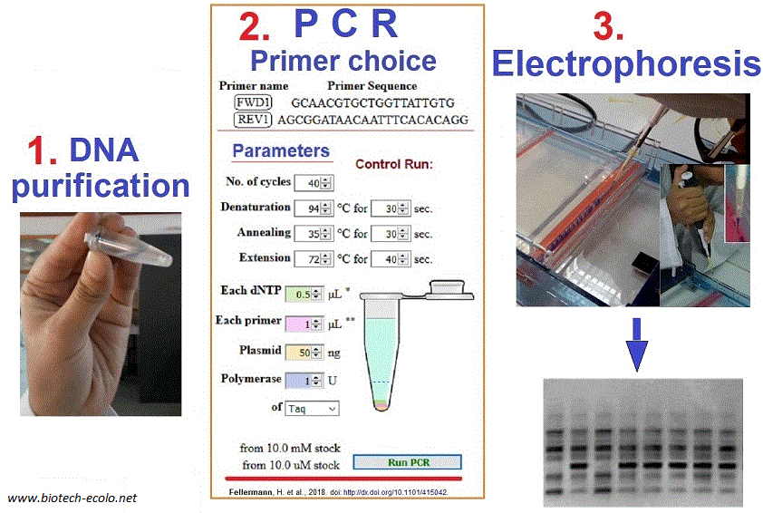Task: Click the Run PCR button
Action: click(x=407, y=462)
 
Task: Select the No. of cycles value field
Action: click(x=314, y=183)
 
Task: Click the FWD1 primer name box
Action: click(x=253, y=102)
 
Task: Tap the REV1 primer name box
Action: click(x=253, y=120)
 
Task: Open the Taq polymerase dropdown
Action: click(x=312, y=409)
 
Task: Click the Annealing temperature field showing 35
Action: click(x=314, y=234)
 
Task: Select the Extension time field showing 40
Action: click(x=391, y=259)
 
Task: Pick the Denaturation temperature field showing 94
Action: click(x=314, y=208)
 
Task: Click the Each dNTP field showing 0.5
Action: click(x=304, y=294)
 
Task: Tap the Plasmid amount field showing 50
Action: click(x=304, y=353)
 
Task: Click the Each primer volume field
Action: click(x=304, y=324)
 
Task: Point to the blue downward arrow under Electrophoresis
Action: click(x=636, y=344)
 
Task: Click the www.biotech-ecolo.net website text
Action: click(x=72, y=498)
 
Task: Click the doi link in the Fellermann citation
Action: click(x=394, y=492)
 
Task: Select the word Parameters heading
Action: click(x=281, y=150)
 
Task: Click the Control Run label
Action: click(x=394, y=164)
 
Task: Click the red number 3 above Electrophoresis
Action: click(x=608, y=26)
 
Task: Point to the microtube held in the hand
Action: click(x=129, y=247)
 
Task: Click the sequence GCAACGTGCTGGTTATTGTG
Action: click(x=372, y=103)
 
